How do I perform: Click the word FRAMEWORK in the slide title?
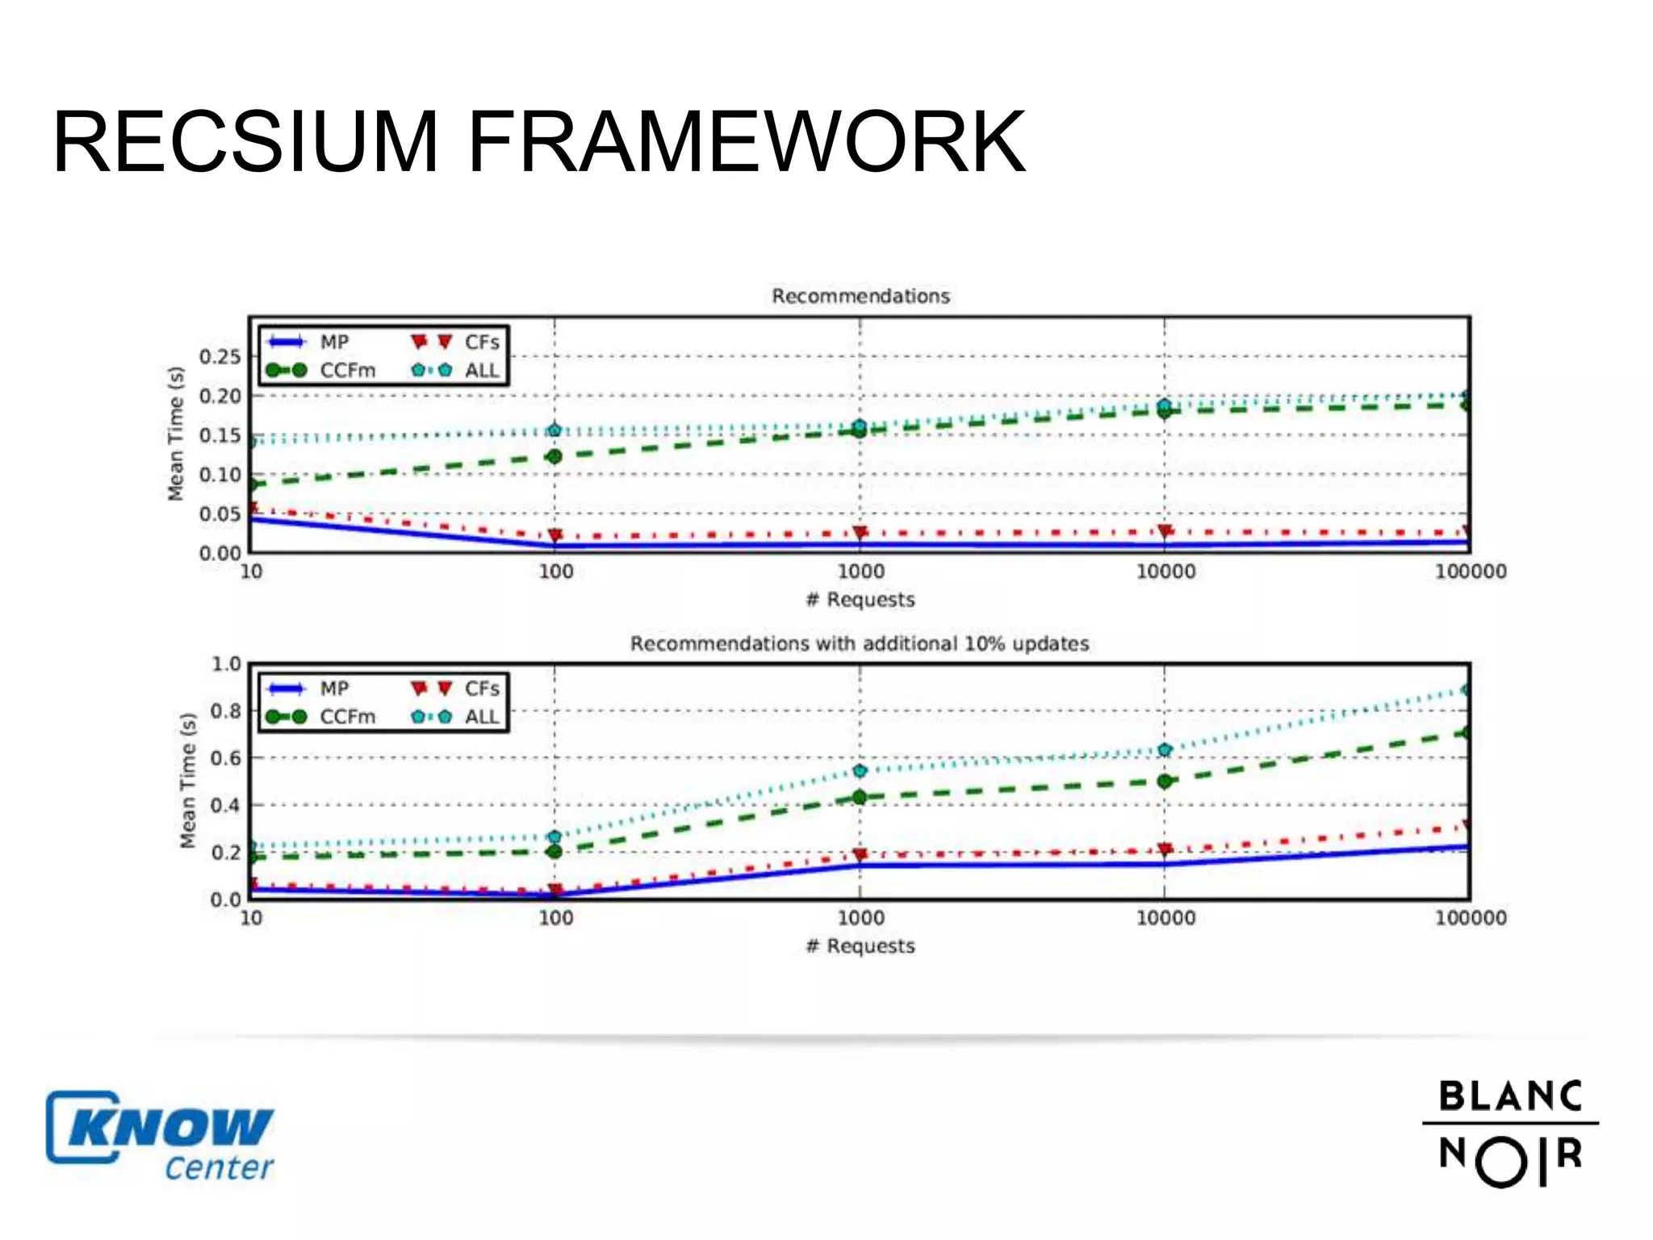[746, 143]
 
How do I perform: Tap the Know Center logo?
[160, 1137]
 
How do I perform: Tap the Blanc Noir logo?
[1510, 1133]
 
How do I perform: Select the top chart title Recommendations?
[860, 296]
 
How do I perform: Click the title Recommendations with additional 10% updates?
[860, 643]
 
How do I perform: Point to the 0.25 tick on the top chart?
[220, 357]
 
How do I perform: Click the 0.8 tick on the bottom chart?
[225, 711]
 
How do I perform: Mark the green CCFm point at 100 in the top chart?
[554, 457]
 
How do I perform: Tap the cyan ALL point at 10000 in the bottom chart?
[1165, 750]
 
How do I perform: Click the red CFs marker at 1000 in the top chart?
[860, 533]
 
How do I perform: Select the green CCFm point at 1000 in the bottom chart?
[860, 798]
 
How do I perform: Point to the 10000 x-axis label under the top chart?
[1165, 572]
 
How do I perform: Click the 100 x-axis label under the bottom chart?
[555, 918]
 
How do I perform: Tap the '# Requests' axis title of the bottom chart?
[860, 946]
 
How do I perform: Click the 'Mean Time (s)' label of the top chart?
[176, 434]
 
